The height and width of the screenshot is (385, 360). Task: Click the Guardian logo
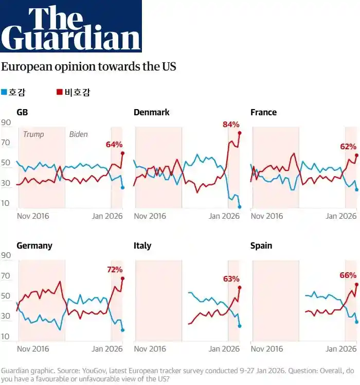[x=70, y=26]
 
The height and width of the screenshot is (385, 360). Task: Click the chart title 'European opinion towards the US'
[x=88, y=66]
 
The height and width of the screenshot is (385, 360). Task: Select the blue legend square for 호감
[x=4, y=92]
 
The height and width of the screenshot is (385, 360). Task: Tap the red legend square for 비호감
[x=60, y=92]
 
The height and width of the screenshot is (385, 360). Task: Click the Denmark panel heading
[x=151, y=112]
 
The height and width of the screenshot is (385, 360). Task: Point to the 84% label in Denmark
[x=231, y=125]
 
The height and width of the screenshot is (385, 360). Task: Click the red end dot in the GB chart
[x=123, y=153]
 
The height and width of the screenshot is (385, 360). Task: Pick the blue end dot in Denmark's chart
[x=240, y=207]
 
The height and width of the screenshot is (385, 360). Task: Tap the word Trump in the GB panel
[x=33, y=134]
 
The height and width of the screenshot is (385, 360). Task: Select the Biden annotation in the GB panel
[x=79, y=134]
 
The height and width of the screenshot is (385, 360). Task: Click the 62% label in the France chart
[x=348, y=147]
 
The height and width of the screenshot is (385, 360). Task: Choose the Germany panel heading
[x=34, y=246]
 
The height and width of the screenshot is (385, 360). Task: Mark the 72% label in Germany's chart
[x=115, y=270]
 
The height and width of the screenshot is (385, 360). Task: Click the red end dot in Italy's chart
[x=240, y=288]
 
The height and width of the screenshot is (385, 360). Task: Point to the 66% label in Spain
[x=348, y=275]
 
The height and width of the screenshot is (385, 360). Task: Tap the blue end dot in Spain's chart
[x=356, y=322]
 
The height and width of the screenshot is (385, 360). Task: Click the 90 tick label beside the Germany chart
[x=6, y=255]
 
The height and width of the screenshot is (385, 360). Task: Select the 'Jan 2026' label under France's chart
[x=341, y=216]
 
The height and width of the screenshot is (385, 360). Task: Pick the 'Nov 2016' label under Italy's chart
[x=150, y=348]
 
